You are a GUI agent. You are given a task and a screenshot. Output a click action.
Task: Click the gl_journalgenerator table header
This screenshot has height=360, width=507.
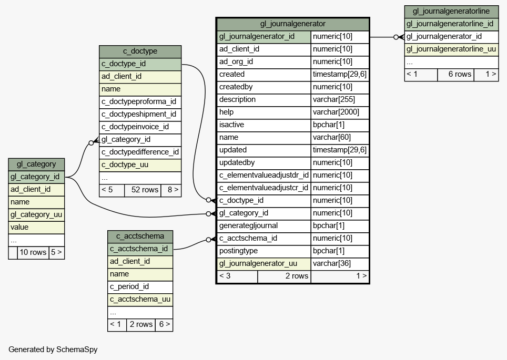(292, 24)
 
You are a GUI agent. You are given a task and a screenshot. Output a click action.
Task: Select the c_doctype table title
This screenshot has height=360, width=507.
(140, 52)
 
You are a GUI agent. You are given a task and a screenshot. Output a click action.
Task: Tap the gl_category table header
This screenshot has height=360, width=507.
(36, 164)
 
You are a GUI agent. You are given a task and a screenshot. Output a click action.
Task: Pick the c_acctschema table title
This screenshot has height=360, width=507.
(140, 236)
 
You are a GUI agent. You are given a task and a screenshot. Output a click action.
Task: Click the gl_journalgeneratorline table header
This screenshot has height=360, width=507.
(451, 12)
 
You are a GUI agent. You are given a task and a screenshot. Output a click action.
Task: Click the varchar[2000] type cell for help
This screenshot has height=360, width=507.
(340, 112)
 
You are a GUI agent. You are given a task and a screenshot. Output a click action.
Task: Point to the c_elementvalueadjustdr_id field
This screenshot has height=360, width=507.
(264, 175)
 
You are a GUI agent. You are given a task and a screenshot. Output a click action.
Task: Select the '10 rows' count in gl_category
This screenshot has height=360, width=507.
(33, 252)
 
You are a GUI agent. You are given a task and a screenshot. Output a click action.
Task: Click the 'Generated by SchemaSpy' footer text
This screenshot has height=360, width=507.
(53, 349)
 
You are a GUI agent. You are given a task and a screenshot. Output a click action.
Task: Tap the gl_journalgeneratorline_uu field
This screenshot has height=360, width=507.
(451, 49)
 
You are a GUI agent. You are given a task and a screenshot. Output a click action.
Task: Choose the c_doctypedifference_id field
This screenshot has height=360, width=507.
(140, 152)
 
